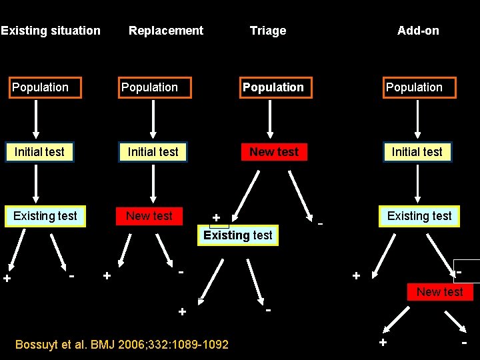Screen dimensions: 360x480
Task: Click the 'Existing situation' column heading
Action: click(51, 31)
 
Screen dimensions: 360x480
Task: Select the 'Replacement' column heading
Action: click(166, 31)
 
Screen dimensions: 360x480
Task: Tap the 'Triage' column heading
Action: click(268, 31)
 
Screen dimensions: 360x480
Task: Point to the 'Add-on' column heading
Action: click(418, 31)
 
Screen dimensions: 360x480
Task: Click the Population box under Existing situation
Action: click(45, 88)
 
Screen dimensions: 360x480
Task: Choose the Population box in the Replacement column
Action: click(155, 88)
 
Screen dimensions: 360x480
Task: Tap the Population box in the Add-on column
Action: click(419, 88)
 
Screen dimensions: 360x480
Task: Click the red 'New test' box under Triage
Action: click(274, 152)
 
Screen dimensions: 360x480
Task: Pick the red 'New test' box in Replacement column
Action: click(149, 216)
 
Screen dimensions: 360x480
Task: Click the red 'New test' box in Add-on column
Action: click(440, 292)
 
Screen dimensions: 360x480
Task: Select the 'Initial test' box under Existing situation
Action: click(39, 152)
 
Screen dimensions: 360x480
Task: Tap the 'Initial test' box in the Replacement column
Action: click(153, 152)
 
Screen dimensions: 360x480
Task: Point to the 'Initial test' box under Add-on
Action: click(417, 152)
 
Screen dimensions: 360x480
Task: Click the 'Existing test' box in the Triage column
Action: click(238, 235)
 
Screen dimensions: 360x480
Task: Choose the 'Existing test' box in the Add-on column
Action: click(419, 216)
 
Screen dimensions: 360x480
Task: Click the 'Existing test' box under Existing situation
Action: click(45, 216)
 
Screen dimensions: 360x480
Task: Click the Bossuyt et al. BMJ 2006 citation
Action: click(122, 345)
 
